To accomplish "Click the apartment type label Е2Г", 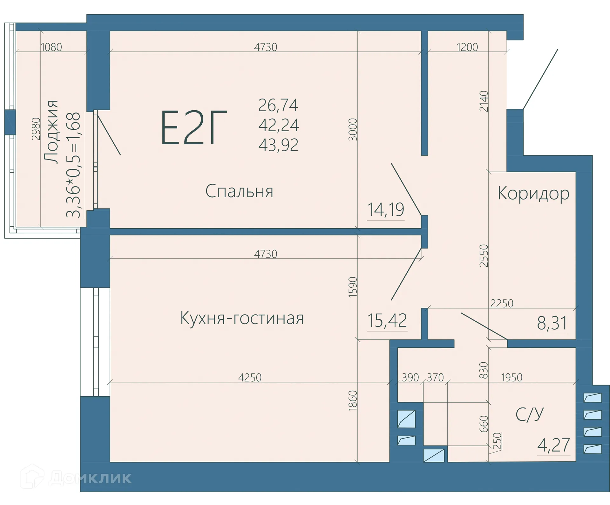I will [194, 128].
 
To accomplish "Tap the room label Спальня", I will [239, 191].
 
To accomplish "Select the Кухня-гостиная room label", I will [242, 318].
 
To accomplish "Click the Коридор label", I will [533, 194].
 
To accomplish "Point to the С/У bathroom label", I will [529, 414].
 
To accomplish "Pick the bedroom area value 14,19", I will [385, 210].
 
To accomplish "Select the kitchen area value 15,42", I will [387, 320].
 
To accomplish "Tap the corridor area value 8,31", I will [552, 323].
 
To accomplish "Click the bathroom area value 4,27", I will [553, 445].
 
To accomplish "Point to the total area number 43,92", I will [278, 145].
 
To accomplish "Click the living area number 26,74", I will [278, 105].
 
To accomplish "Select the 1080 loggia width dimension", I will [51, 47].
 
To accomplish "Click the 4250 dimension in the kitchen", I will [250, 378].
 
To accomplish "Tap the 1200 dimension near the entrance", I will [467, 47].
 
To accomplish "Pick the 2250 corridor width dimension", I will [502, 304].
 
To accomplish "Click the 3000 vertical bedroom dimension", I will [353, 129].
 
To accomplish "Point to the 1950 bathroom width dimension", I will [512, 378].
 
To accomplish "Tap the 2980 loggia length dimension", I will [36, 129].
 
